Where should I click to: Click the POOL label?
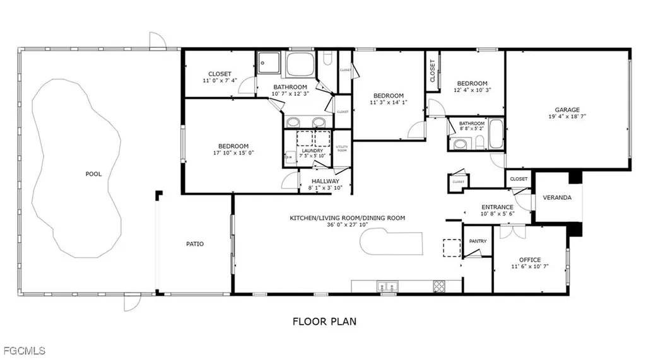coord(93,174)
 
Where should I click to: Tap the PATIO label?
coord(195,244)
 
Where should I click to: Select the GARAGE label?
coord(567,109)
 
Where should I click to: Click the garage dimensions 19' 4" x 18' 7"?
coord(567,117)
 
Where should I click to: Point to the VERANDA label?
coord(558,197)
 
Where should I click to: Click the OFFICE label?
coord(530,260)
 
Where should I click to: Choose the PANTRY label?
coord(477,241)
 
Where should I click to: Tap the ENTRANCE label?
coord(497,207)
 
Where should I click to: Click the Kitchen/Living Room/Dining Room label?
coord(347,218)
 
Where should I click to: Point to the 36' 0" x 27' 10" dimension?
coord(347,225)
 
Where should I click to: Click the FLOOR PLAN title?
coord(324,322)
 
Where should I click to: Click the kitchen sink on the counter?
coord(387,286)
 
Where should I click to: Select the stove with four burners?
coord(439,286)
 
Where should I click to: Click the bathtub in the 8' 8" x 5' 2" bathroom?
coord(496,134)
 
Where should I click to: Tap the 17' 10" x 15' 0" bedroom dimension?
coord(233,153)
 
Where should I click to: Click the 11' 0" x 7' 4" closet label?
coord(219,74)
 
